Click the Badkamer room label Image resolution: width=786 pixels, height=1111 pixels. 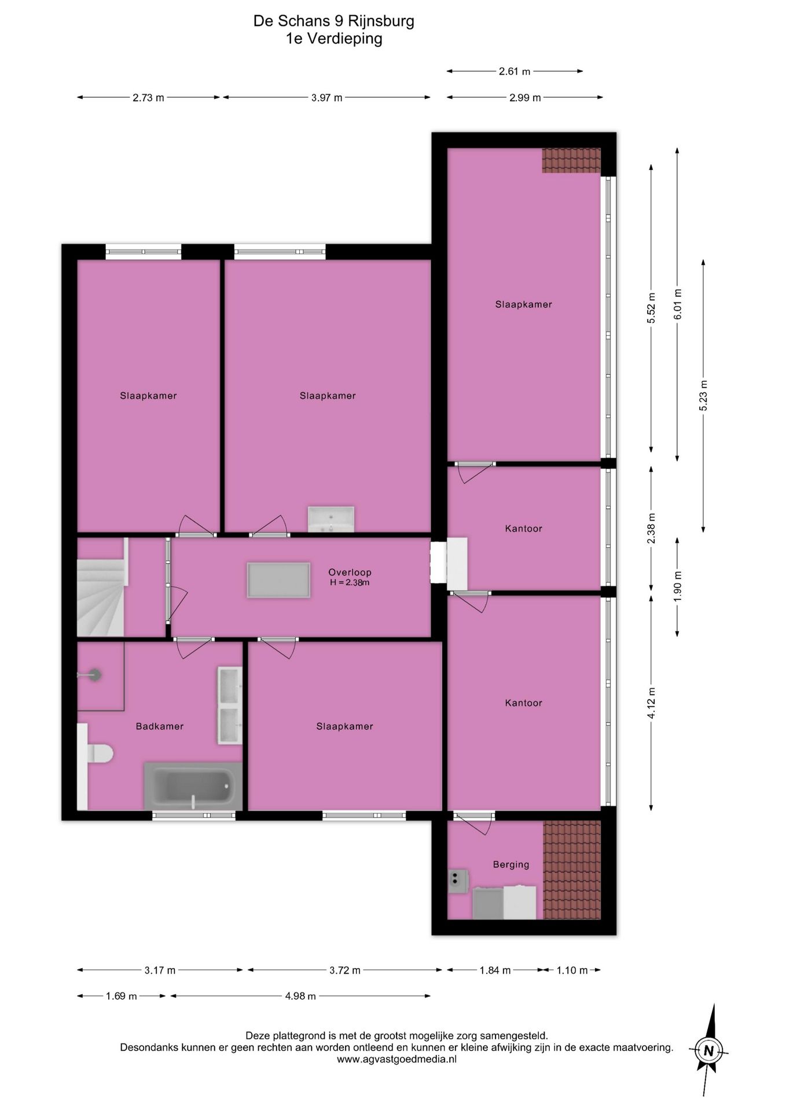point(160,726)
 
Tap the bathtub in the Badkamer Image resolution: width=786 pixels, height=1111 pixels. point(193,786)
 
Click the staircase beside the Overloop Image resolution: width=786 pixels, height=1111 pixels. point(101,587)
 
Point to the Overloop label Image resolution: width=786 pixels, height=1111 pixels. point(350,572)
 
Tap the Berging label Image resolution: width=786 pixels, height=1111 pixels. point(511,864)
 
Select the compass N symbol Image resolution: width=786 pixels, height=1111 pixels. point(708,1050)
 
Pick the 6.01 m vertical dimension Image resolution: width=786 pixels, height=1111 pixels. point(678,304)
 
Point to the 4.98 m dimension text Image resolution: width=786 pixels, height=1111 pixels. point(300,996)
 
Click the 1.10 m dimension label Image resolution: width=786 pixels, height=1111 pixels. point(572,970)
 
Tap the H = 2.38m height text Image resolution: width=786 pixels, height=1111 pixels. point(350,583)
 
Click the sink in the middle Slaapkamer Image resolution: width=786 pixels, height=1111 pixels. point(331,519)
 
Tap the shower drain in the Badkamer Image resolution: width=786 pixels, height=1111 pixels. point(94,674)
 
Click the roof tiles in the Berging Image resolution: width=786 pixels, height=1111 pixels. point(572,870)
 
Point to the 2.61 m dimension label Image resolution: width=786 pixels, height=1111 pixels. point(515,72)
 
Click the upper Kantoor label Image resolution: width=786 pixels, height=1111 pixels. point(524,528)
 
